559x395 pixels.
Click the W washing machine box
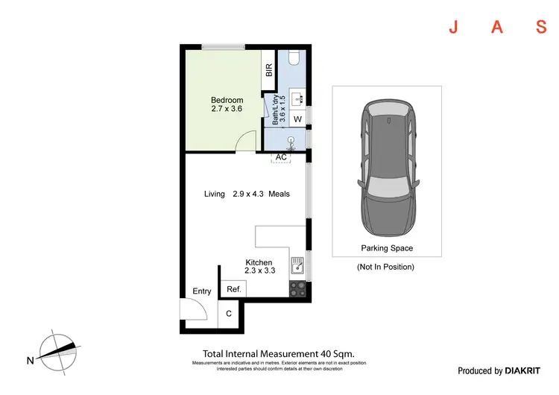point(297,119)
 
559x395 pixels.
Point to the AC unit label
point(281,157)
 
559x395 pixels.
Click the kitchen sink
point(297,264)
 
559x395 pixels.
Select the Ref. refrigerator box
point(233,289)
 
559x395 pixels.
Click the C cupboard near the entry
point(228,314)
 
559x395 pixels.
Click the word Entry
point(202,291)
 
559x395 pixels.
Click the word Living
point(215,194)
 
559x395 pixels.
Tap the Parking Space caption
point(387,248)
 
